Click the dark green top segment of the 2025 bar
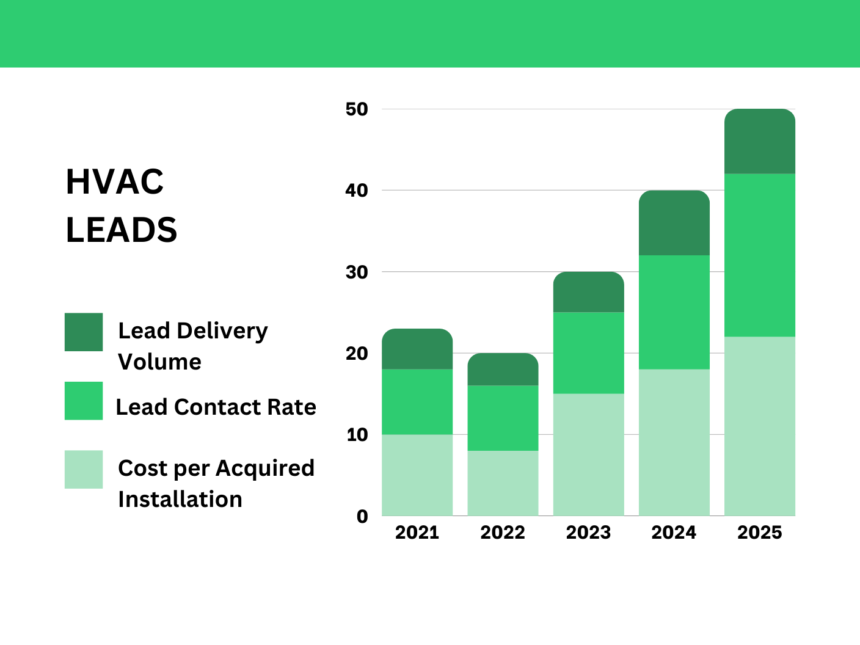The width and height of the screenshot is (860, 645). (760, 142)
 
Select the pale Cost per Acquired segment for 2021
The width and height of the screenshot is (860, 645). (417, 475)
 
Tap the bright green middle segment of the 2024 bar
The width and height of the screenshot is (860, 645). (674, 312)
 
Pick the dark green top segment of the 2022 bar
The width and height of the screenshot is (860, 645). (503, 370)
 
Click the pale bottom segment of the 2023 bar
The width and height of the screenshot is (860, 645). (589, 454)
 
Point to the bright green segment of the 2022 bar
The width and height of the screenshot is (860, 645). (503, 418)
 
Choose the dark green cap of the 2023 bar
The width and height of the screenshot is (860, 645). (589, 293)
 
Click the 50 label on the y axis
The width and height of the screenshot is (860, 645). (357, 109)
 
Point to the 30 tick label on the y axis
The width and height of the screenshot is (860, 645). (357, 272)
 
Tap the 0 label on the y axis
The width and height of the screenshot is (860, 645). (362, 517)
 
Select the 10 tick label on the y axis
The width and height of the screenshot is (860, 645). (357, 435)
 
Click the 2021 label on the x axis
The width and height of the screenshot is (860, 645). (417, 533)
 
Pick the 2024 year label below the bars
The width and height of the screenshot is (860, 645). (674, 533)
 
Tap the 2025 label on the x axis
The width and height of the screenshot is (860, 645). (760, 533)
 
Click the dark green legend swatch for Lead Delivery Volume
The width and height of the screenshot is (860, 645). (84, 332)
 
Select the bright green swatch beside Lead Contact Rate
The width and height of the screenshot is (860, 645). (84, 401)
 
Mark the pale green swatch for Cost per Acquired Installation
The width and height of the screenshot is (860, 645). (84, 470)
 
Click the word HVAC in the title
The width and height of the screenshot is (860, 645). (115, 182)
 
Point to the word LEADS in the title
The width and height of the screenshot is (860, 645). (122, 230)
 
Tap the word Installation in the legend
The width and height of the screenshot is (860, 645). (180, 500)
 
